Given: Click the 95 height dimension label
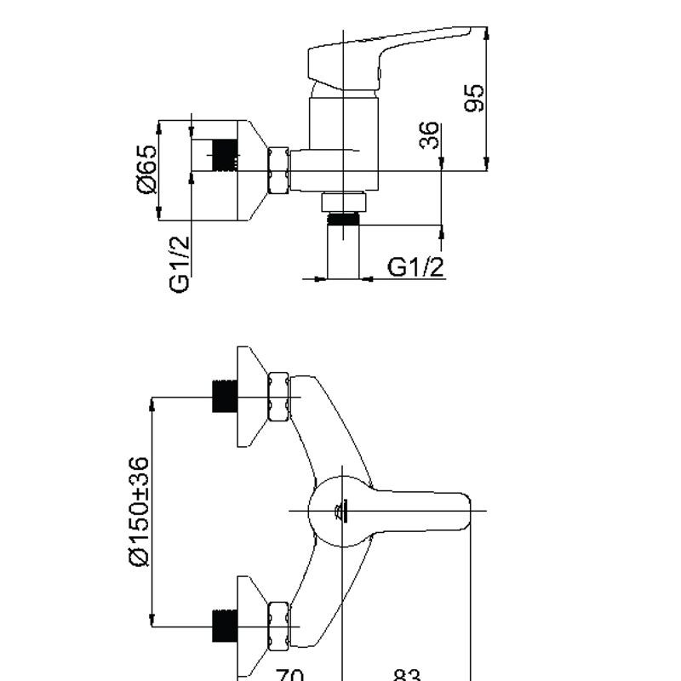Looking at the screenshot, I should [x=475, y=97].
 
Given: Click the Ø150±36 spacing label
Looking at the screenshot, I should [x=139, y=511].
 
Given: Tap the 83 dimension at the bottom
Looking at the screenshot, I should [x=407, y=675].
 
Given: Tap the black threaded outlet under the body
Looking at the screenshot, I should [x=344, y=219].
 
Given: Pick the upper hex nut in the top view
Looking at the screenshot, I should [x=278, y=396].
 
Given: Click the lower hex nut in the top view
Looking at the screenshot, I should [x=278, y=625].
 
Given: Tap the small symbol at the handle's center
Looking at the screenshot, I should [x=340, y=511].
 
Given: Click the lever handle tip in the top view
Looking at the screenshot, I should [x=460, y=511].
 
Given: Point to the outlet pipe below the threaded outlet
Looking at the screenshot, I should [x=344, y=252].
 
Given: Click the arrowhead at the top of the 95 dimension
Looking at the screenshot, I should [x=487, y=32].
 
